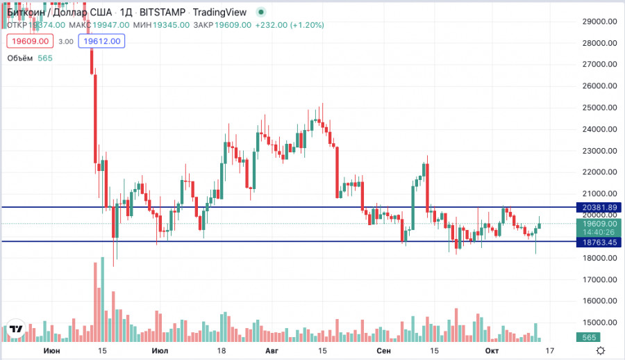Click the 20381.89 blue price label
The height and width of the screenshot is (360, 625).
599,207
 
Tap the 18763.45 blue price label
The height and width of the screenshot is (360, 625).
599,242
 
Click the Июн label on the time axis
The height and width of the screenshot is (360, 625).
51,351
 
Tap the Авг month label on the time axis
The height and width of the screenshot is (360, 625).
272,351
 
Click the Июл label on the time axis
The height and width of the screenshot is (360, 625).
159,351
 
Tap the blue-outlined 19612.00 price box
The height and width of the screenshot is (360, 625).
102,41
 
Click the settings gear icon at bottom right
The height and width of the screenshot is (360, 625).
601,351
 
